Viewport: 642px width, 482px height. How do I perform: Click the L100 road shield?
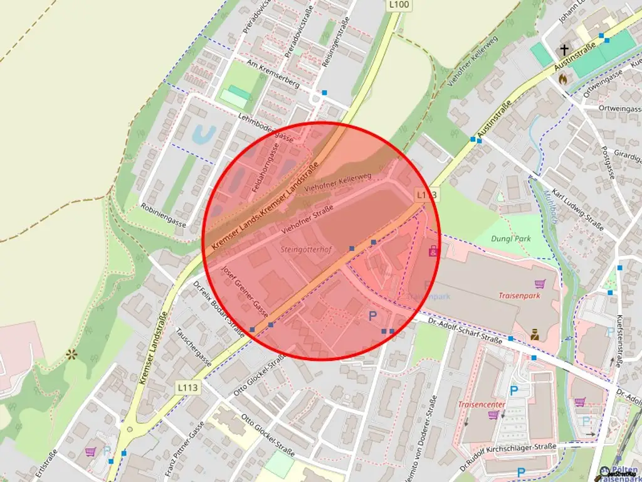(399, 5)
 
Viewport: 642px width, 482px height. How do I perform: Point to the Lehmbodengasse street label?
(266, 127)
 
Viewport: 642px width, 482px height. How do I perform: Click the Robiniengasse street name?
(164, 214)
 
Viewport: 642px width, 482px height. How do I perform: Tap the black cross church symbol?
(564, 50)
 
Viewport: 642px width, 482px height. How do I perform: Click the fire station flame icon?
(563, 79)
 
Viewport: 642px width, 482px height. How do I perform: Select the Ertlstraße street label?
(46, 464)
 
